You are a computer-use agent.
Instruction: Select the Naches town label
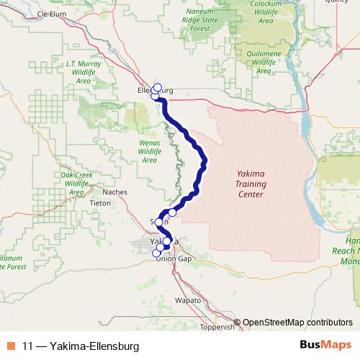(x=114, y=192)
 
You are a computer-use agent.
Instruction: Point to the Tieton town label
(x=100, y=203)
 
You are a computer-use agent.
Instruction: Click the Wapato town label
(x=189, y=299)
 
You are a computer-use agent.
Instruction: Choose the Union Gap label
(x=174, y=259)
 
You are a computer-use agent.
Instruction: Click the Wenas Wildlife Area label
(x=149, y=151)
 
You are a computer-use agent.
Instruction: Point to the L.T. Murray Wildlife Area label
(x=83, y=72)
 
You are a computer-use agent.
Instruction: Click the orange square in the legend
(x=12, y=346)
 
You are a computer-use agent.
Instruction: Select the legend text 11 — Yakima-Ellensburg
(x=80, y=346)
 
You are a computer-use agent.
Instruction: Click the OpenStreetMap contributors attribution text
(x=297, y=323)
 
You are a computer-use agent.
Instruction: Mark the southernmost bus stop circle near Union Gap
(x=156, y=253)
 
